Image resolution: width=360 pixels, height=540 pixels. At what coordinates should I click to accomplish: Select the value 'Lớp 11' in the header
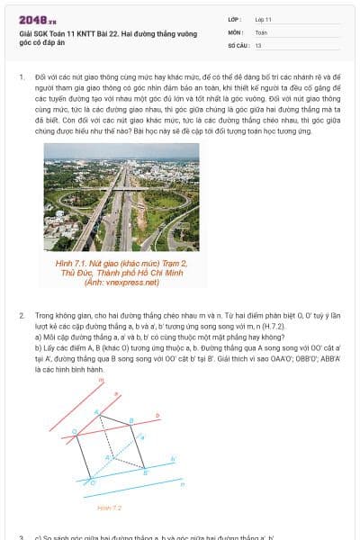click(x=264, y=19)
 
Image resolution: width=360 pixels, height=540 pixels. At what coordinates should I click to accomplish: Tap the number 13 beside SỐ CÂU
click(x=258, y=44)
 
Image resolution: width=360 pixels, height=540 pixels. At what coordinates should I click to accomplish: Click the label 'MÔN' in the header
click(x=236, y=31)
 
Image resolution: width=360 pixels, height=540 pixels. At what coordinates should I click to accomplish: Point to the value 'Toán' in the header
click(x=261, y=31)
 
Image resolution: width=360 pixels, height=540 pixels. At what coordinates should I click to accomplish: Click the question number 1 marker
click(x=22, y=78)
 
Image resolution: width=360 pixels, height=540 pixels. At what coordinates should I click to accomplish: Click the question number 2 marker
click(x=22, y=317)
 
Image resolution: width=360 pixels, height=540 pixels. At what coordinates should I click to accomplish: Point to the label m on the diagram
click(x=101, y=381)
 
